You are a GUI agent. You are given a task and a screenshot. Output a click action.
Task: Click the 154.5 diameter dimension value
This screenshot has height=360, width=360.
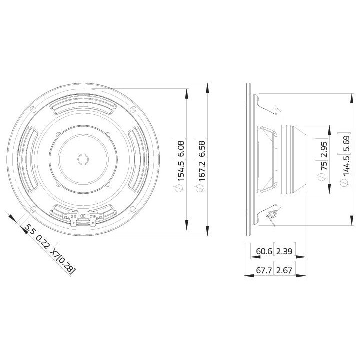click(x=181, y=169)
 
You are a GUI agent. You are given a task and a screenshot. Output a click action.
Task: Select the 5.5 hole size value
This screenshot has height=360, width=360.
click(x=29, y=230)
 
